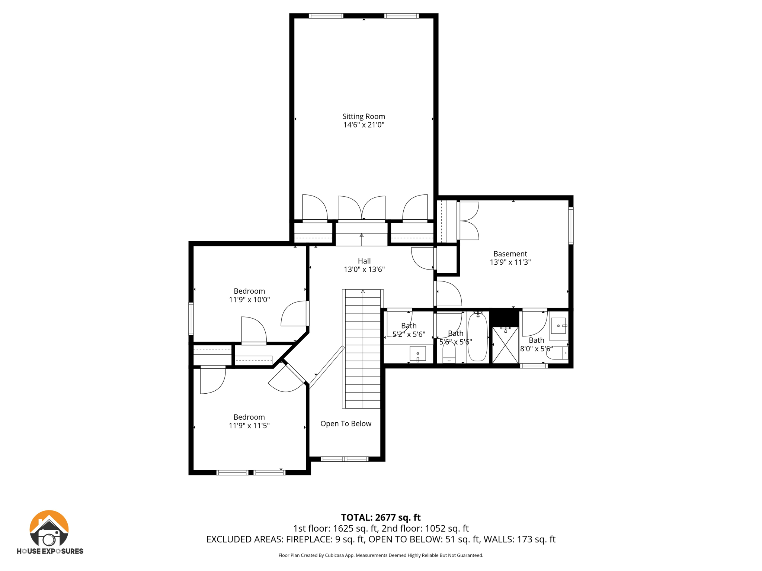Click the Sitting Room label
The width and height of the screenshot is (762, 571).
364,116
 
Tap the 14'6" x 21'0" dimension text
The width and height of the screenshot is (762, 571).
364,125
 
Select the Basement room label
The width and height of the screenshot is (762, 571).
510,254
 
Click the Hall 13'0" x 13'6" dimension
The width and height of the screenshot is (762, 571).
364,270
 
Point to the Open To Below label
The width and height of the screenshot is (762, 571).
346,424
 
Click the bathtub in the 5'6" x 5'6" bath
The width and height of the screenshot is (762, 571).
477,338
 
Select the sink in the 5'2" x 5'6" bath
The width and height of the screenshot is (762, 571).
417,354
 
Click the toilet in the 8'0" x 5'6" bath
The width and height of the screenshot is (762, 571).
558,353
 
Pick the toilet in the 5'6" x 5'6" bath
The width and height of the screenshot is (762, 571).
449,353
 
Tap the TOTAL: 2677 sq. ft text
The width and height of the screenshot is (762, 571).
381,517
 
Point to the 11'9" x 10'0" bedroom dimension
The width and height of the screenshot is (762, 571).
249,300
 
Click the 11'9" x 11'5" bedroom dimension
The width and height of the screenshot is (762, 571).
249,426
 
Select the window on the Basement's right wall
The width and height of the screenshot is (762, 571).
571,226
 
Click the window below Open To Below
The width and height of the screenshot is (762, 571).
345,459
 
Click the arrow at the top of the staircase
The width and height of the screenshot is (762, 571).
363,292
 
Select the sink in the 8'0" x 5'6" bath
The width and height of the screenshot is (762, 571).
558,326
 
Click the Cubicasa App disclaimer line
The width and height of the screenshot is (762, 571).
381,555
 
